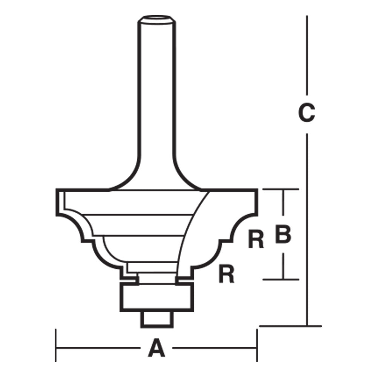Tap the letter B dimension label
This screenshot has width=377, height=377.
point(283,234)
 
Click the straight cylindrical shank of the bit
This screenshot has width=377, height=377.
point(156,94)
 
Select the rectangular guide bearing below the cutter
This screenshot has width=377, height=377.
point(156,298)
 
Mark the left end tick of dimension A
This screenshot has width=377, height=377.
point(56,345)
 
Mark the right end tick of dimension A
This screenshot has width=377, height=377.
point(257,345)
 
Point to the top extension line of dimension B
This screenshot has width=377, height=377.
point(281,189)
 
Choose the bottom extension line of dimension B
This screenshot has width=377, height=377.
point(281,279)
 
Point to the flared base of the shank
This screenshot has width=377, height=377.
point(156,177)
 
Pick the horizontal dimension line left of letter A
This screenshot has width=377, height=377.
point(98,348)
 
